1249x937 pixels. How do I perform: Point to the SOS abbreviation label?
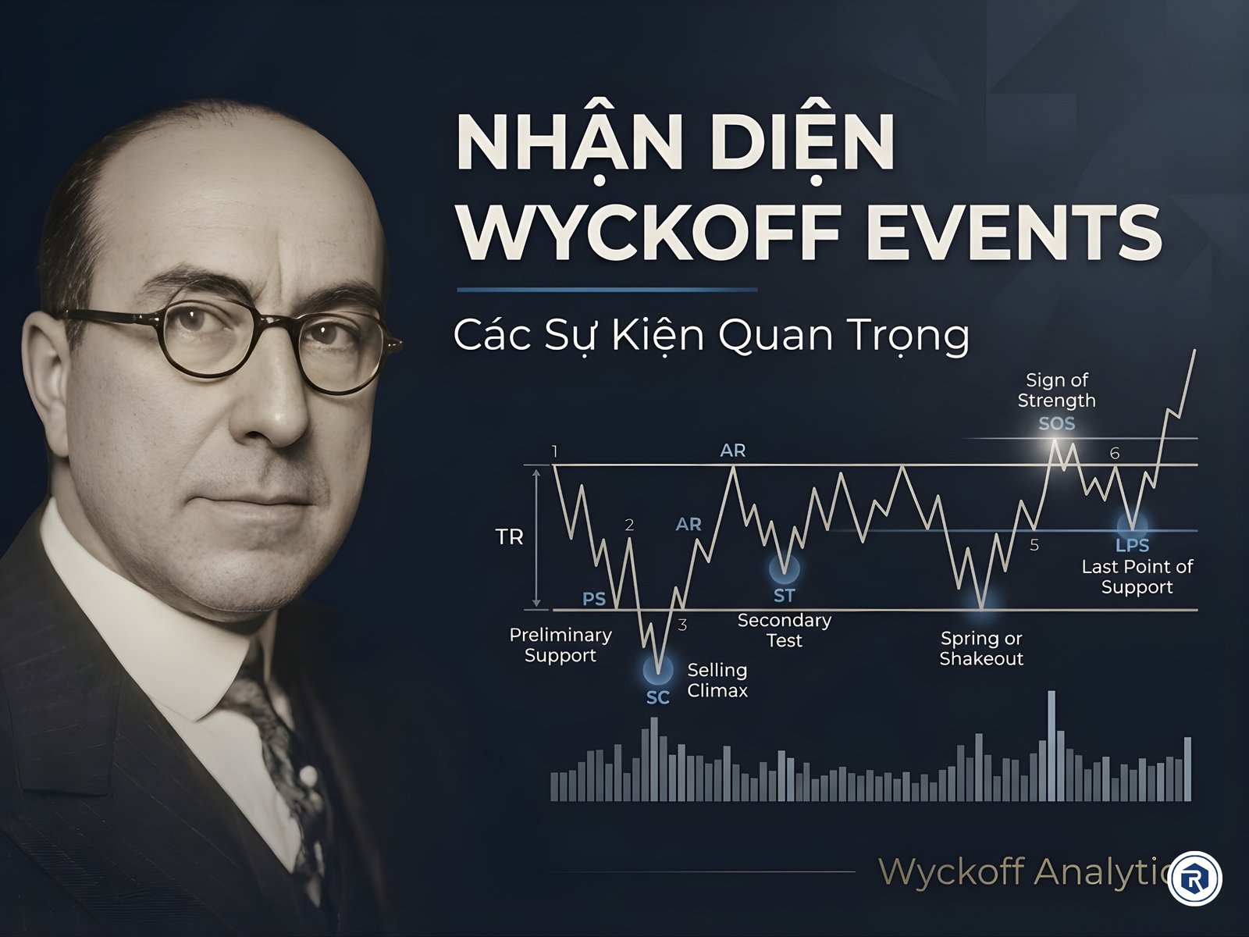(1057, 424)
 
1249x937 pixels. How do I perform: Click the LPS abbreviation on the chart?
(1133, 545)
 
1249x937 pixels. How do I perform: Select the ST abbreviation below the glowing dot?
(784, 596)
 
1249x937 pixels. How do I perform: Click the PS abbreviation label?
(594, 599)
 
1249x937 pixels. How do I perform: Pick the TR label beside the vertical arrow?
(509, 537)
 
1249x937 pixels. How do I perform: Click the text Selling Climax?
(717, 680)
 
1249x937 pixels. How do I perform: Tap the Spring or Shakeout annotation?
(981, 648)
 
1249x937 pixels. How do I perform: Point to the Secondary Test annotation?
(785, 630)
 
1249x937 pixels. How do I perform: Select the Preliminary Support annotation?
(560, 645)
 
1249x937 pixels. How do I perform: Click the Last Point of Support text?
(1137, 576)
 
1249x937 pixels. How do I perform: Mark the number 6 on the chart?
(1115, 454)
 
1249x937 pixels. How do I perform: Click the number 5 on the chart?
(1034, 545)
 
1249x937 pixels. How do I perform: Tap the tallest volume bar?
(1052, 746)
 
